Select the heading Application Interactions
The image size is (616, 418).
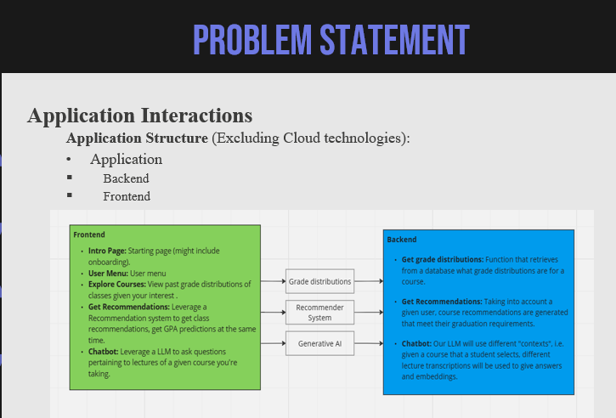tap(139, 116)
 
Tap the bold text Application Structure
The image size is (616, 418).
tap(137, 138)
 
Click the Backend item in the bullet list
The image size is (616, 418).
tap(126, 178)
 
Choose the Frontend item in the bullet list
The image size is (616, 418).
tap(127, 196)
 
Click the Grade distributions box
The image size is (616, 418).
tap(319, 281)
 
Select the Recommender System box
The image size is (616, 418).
tap(319, 313)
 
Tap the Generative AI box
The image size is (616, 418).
tap(319, 343)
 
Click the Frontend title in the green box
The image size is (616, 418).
tap(89, 234)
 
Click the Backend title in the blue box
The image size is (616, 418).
tap(402, 240)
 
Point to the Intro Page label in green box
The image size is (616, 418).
tap(107, 251)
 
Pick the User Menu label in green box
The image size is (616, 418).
tap(108, 274)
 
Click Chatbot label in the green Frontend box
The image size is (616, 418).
tap(103, 351)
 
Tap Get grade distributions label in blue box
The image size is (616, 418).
tap(442, 259)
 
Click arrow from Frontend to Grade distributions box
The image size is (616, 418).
tap(273, 280)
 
